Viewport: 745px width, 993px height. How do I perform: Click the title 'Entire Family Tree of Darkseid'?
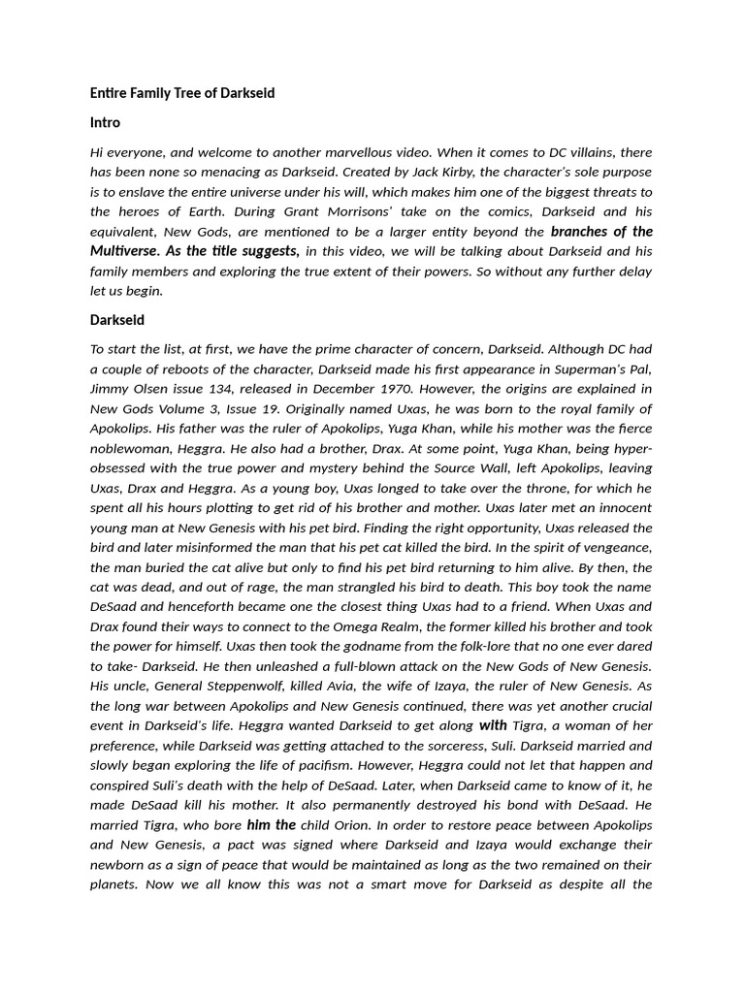point(182,93)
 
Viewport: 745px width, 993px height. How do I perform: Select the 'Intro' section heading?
point(105,123)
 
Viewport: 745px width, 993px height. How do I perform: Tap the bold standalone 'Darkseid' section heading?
point(117,319)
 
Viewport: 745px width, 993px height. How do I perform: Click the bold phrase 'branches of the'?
point(601,232)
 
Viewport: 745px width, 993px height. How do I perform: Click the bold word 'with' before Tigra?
point(493,725)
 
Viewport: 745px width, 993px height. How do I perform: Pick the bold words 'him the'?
point(272,825)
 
